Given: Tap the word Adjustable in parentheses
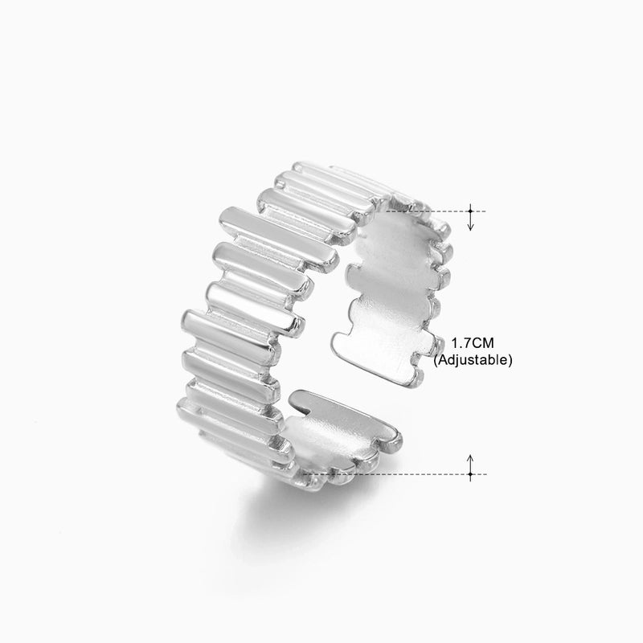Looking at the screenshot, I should click(x=473, y=361).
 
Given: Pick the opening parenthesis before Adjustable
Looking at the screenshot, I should click(x=436, y=361).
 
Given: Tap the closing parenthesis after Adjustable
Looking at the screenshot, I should click(x=510, y=361).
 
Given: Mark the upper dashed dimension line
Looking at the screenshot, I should click(x=434, y=211).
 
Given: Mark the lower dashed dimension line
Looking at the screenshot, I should click(x=402, y=474).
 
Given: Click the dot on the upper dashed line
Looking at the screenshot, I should click(x=471, y=211).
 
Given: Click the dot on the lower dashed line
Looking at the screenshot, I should click(x=471, y=474).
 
